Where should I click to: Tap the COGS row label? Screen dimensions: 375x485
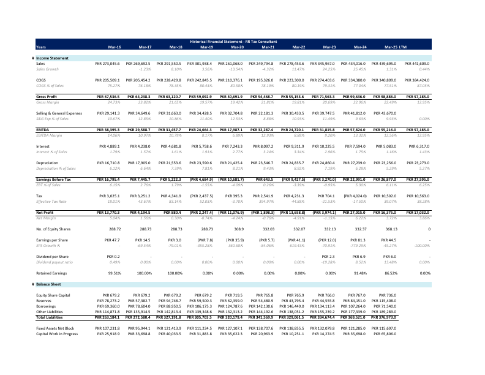click(x=41, y=80)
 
